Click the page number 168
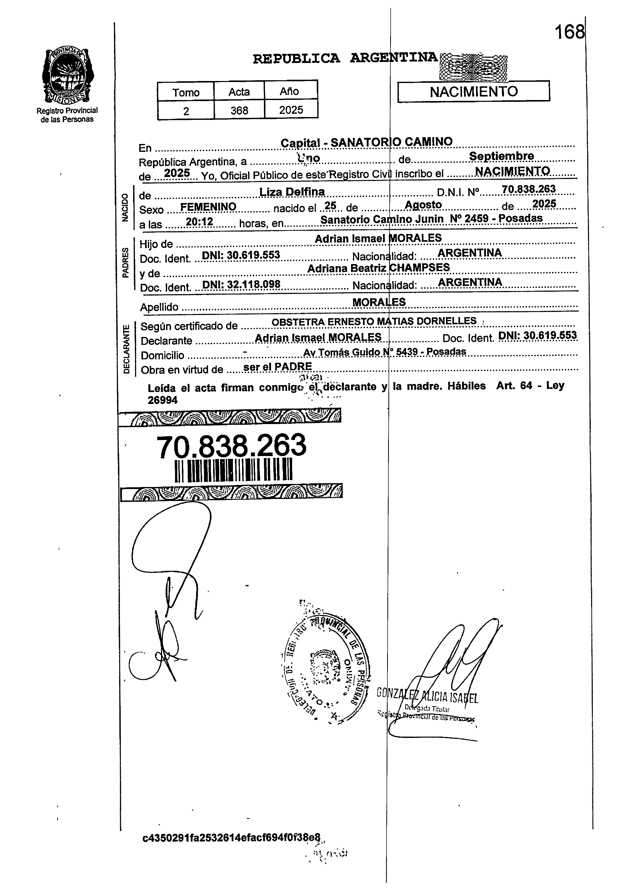(x=569, y=32)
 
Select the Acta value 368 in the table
(x=239, y=111)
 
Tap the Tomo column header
(x=186, y=92)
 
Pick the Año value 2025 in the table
(x=291, y=110)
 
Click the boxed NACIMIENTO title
(x=473, y=92)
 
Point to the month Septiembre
(x=501, y=156)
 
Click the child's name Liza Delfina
(x=292, y=192)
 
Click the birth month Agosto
(x=423, y=205)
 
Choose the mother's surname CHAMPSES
(x=420, y=267)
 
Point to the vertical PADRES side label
(x=125, y=263)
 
